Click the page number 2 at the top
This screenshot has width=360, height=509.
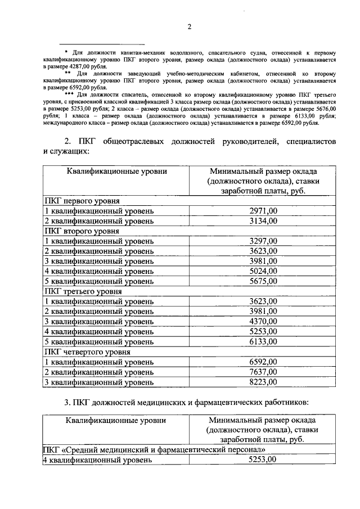point(190,26)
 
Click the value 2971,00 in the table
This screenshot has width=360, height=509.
point(263,211)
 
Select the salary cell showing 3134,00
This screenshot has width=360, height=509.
point(263,221)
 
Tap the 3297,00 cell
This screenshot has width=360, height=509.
point(263,241)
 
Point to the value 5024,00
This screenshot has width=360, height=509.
point(263,271)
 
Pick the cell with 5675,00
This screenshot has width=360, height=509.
point(263,281)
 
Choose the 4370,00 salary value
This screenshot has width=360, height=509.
point(263,321)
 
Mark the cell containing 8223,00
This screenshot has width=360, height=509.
point(263,382)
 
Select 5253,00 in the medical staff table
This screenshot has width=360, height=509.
point(263,460)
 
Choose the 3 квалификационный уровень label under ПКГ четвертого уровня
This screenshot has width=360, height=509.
point(98,382)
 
